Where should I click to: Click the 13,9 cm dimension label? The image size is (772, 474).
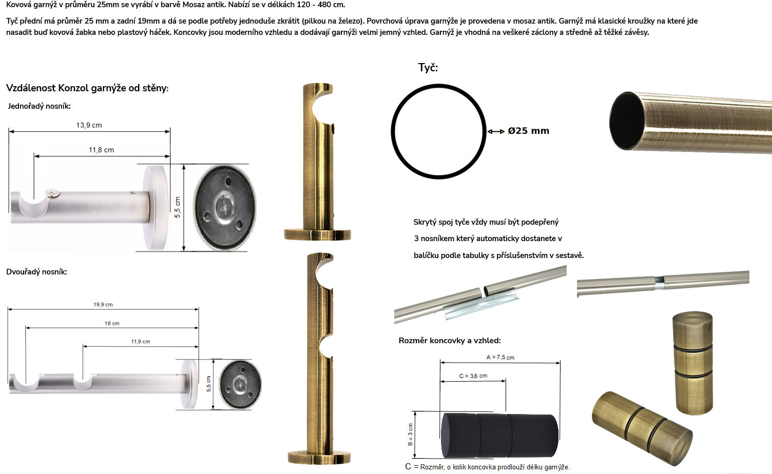coord(89,125)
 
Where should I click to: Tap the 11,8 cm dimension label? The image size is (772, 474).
coord(101,150)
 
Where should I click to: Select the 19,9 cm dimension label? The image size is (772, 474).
coord(103,305)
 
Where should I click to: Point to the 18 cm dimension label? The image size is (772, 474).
coord(112,323)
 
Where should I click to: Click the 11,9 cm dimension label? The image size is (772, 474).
coord(141,341)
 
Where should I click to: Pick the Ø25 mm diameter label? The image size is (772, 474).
coord(529,131)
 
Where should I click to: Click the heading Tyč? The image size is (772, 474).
coord(428,68)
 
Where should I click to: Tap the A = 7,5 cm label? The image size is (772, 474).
coord(500,357)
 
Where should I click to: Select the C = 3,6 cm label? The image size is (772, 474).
coord(473,376)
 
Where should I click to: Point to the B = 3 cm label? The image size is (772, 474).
coord(410,434)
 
